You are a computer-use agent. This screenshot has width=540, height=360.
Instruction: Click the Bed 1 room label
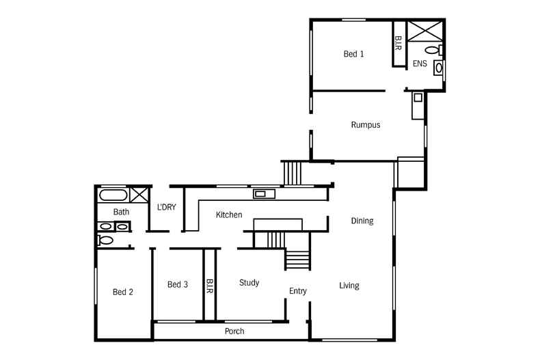point(353,54)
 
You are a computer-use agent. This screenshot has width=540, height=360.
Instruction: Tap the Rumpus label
point(366,125)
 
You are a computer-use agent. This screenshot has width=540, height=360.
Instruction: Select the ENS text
point(420,64)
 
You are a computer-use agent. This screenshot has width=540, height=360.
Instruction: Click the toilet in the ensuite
point(434,51)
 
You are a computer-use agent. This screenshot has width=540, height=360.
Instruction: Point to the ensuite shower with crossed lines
point(425,31)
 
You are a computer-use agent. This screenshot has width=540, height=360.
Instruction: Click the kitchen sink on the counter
point(264,194)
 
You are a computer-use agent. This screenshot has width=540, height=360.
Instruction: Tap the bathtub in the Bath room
point(113,195)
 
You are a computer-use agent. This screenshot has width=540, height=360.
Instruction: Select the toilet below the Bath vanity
point(105,240)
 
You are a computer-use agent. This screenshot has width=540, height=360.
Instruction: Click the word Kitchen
point(229,215)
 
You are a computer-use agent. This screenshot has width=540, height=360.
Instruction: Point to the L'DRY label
point(167,207)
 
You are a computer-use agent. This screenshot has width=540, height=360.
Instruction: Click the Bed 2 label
point(123,292)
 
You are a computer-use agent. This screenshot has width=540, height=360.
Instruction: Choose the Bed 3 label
point(178,285)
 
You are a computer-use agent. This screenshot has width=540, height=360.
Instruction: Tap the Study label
point(249,283)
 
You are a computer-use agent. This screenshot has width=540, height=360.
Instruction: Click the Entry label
point(298,291)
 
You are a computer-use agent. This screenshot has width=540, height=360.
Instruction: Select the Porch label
point(234,331)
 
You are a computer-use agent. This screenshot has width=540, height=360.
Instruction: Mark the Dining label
point(362,221)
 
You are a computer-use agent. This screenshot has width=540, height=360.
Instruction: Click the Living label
point(349,286)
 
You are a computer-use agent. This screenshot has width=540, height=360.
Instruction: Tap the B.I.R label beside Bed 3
point(210,286)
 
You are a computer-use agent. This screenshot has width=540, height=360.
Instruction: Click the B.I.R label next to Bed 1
point(399,43)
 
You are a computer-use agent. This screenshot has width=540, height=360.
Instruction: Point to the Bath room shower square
point(139,195)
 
